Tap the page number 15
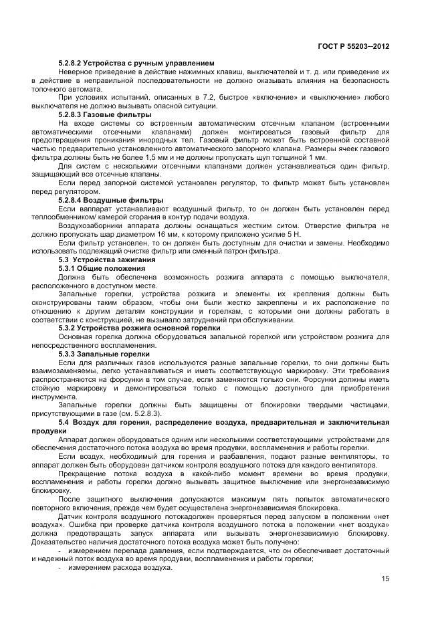[385, 579]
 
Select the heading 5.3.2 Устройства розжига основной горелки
[139, 328]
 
